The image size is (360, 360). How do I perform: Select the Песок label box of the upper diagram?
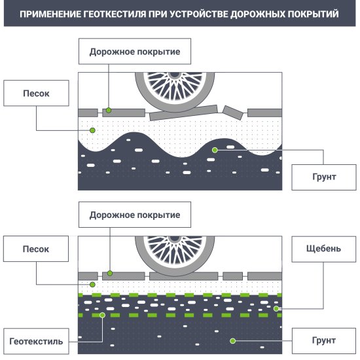[36, 94]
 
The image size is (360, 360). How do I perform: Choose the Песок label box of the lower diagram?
[36, 249]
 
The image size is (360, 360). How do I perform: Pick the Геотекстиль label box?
[37, 341]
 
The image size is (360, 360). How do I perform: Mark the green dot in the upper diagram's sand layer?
[93, 131]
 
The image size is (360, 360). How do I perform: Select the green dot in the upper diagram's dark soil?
[214, 151]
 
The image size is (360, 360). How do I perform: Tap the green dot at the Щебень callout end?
[276, 308]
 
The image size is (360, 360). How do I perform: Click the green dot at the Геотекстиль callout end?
[103, 315]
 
